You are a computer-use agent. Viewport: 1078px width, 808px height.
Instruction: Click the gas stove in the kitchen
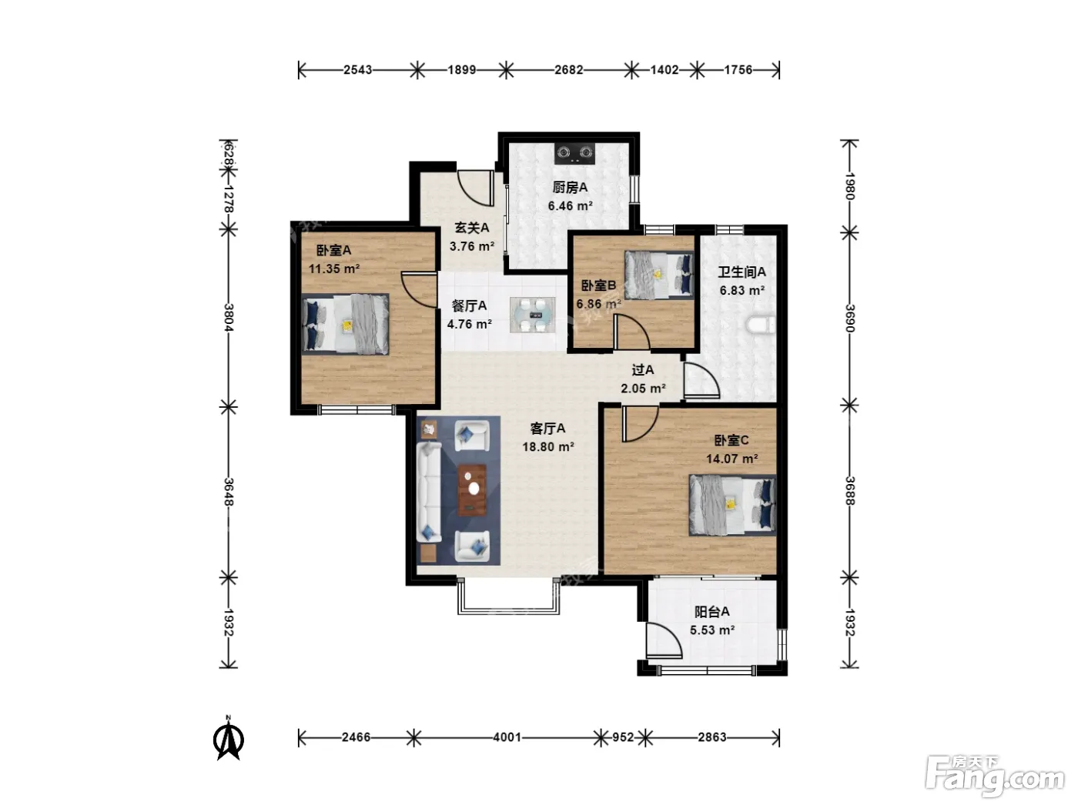[574, 153]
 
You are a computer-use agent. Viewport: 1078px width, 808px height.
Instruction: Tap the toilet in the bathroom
[761, 325]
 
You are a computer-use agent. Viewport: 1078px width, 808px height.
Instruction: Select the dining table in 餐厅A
[532, 315]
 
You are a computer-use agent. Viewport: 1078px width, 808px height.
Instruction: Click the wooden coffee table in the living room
[473, 490]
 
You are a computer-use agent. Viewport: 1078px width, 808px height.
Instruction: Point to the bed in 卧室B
[659, 275]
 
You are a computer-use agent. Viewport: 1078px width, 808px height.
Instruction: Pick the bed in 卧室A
[345, 324]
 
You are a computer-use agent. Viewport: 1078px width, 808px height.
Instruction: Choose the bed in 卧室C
[732, 504]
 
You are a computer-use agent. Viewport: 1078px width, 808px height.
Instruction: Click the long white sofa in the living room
[429, 492]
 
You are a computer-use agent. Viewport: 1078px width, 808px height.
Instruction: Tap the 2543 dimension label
[357, 70]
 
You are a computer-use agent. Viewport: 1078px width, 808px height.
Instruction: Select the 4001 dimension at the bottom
[507, 737]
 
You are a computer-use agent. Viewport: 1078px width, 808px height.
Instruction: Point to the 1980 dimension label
[850, 186]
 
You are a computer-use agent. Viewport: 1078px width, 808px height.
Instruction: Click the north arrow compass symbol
[229, 738]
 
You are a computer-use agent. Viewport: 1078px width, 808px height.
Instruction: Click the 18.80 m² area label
[548, 447]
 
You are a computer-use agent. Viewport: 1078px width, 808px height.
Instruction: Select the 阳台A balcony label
[711, 612]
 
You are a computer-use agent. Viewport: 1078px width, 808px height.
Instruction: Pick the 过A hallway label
[642, 370]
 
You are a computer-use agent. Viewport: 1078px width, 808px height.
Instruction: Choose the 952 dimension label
[623, 737]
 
